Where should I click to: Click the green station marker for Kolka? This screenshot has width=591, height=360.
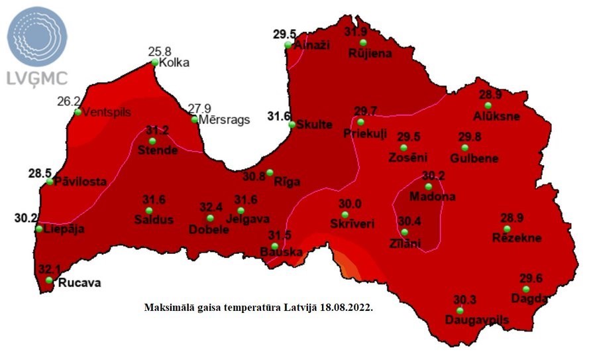coord(154,63)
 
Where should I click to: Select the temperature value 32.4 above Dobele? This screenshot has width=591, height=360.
coord(211,207)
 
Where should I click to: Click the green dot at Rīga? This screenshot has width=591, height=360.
coord(270,172)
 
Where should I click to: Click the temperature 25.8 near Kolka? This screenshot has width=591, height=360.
coord(160,50)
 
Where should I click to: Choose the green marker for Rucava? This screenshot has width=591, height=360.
coord(49,280)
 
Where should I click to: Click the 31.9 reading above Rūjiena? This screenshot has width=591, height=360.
coord(356,31)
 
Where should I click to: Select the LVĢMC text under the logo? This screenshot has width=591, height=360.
coord(37,78)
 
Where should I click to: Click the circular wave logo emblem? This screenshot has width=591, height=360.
coord(37,36)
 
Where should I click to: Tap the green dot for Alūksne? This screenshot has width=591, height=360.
coord(488,105)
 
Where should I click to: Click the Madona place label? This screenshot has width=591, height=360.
coord(432,197)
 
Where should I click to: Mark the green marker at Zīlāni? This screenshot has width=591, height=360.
coord(404,232)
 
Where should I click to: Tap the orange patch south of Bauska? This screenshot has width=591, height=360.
coord(346,264)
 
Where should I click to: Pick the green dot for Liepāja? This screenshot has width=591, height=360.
coord(39,229)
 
